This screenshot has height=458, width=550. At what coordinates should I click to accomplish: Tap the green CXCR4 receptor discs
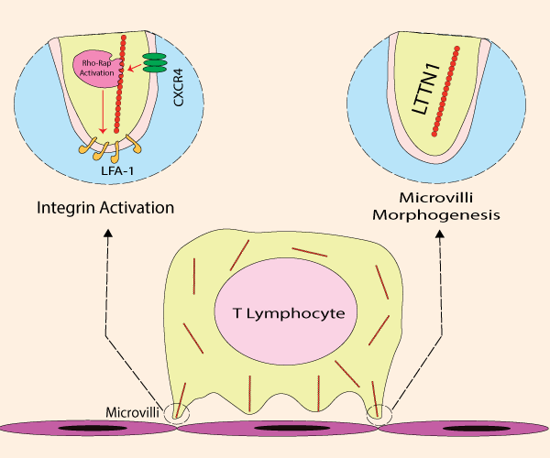(x=155, y=62)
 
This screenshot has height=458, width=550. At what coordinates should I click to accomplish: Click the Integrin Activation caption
(x=105, y=208)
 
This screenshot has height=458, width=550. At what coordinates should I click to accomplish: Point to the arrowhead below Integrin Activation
(x=108, y=234)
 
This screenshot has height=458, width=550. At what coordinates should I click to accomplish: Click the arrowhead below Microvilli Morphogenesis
(x=442, y=234)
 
